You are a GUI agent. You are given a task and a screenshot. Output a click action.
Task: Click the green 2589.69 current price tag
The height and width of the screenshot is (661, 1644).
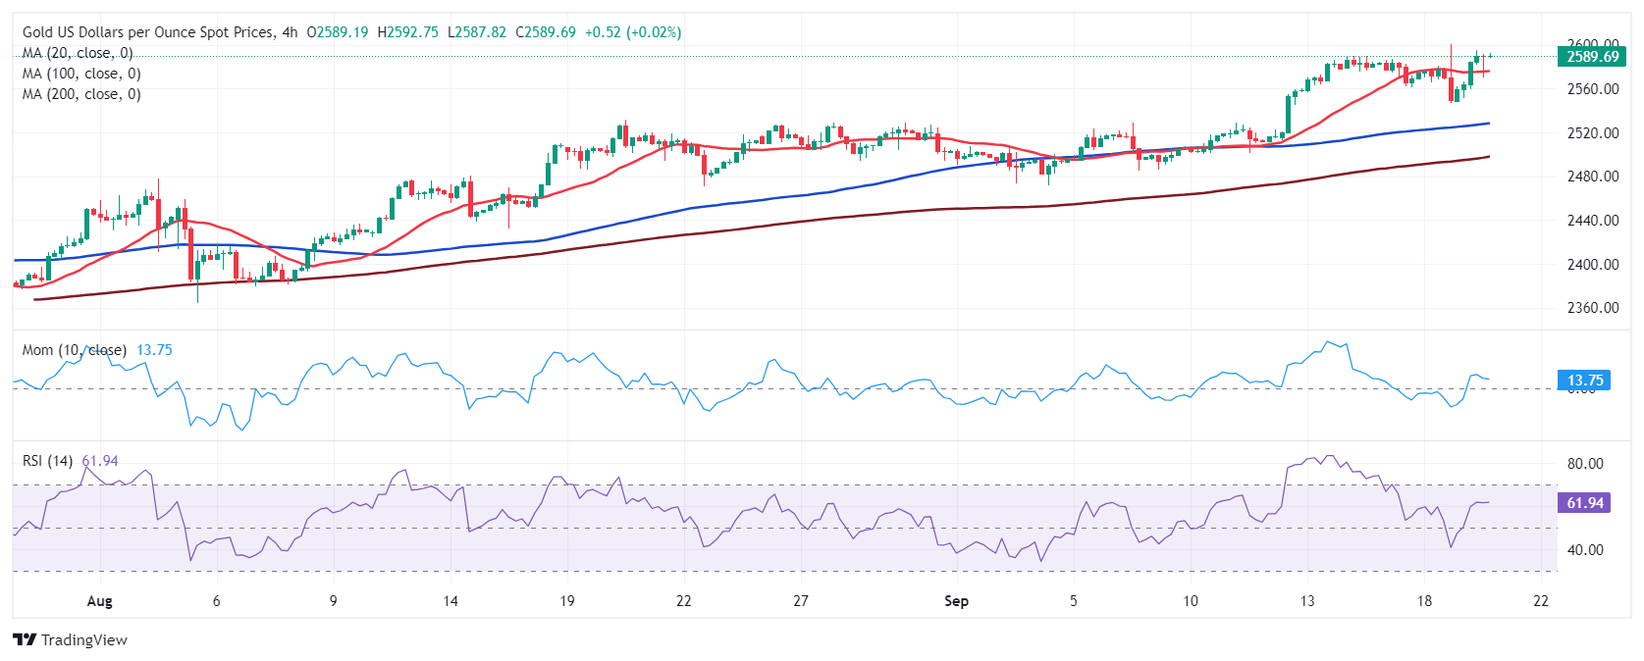1592,57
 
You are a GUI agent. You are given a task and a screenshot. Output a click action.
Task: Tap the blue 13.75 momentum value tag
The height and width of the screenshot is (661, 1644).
1584,381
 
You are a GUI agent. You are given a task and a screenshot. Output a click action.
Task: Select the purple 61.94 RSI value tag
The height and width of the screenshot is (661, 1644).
1584,503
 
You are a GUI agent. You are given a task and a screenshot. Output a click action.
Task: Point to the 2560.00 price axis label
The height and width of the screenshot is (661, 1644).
1592,89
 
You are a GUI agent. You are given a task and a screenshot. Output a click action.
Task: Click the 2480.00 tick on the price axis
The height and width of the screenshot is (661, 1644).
1592,177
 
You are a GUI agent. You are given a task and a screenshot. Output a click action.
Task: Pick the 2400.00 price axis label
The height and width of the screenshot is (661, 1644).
1592,265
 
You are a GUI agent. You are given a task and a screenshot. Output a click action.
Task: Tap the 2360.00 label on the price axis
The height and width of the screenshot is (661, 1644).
1592,308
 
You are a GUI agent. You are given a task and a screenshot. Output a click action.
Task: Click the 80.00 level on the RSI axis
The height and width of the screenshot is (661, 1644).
1585,464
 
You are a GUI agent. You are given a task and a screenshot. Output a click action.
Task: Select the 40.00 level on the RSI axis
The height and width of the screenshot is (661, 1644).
1585,550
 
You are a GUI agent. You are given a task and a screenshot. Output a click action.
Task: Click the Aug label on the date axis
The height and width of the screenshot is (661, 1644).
99,601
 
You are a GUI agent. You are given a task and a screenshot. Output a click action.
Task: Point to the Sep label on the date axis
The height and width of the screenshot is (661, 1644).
956,601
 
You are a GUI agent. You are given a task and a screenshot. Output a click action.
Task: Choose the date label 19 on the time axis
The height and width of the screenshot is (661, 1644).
567,601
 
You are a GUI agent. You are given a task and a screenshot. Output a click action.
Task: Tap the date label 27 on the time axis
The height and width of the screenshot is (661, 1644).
801,601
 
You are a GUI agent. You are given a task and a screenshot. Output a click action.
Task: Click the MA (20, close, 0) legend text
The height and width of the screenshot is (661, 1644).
78,53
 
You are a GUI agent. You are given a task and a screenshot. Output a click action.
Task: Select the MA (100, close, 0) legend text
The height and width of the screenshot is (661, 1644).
81,74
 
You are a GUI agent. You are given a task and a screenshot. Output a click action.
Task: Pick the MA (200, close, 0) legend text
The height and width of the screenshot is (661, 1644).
81,94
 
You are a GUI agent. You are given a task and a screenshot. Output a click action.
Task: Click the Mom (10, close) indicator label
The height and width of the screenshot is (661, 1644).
75,350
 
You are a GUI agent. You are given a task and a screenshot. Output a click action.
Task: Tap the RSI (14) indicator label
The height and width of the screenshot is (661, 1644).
47,461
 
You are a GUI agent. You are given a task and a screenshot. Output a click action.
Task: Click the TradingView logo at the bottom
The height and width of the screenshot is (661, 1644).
71,640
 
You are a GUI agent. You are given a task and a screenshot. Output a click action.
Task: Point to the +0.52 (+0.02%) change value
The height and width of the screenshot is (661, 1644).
633,32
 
